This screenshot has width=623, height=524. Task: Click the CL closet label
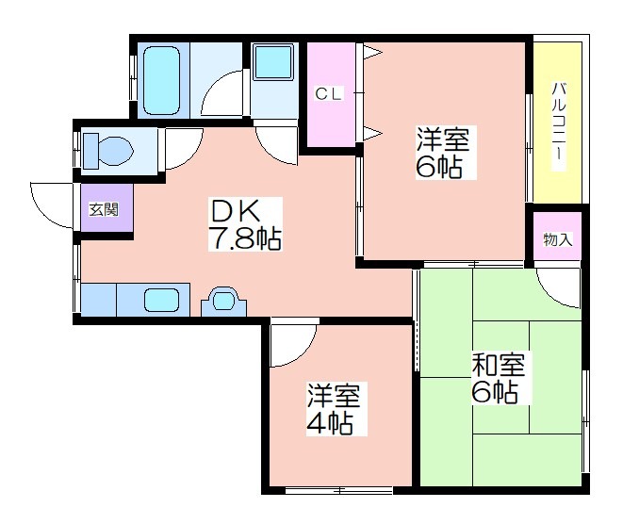coord(328,94)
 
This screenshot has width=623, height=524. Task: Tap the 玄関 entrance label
coord(104,209)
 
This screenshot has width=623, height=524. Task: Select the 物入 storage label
coord(558,239)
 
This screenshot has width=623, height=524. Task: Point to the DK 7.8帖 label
coord(245,224)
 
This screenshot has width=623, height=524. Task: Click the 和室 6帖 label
coord(499,378)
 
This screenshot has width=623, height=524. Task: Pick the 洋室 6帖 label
coord(443,153)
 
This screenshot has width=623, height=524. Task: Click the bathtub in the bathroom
coord(162,81)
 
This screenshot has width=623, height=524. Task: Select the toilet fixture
coord(108,152)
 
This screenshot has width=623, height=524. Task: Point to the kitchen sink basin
coord(161,300)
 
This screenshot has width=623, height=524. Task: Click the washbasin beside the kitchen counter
coord(223,302)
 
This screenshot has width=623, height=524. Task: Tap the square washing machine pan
coord(273,62)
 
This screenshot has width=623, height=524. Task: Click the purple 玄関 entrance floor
coord(107,207)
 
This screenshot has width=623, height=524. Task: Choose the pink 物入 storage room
coord(557,237)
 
